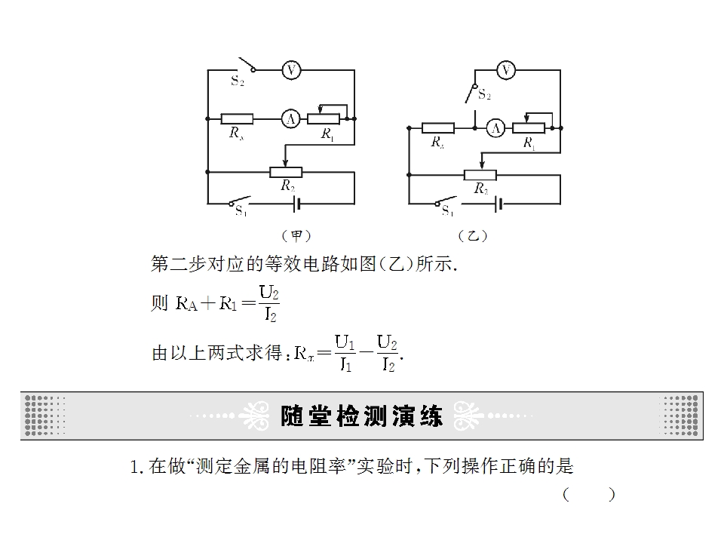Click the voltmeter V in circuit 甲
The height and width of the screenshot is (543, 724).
[291, 70]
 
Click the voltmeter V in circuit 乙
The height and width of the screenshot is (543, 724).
[506, 70]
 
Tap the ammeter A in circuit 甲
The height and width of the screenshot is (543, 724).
[291, 119]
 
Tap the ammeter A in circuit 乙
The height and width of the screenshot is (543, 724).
[496, 128]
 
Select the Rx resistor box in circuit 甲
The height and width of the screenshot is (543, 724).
[237, 119]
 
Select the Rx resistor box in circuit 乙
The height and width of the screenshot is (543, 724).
[438, 128]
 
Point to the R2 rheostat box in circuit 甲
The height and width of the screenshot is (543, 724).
[286, 173]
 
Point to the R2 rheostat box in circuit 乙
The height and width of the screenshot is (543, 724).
[480, 175]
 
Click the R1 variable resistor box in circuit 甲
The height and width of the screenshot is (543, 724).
[324, 119]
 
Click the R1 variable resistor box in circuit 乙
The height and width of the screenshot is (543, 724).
[529, 128]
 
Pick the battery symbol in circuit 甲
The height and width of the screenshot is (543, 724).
[297, 204]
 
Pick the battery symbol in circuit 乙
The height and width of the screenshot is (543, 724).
[499, 204]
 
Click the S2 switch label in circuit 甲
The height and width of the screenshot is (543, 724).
[238, 81]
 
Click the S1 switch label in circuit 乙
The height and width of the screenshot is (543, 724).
[447, 210]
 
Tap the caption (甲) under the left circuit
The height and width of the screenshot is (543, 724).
[296, 236]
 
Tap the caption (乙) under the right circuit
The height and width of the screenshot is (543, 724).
[473, 236]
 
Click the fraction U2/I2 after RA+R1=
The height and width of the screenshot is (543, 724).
[270, 303]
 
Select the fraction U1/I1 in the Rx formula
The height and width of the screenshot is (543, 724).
[345, 353]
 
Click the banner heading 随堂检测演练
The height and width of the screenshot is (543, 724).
[361, 416]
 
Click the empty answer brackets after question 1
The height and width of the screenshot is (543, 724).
[589, 495]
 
